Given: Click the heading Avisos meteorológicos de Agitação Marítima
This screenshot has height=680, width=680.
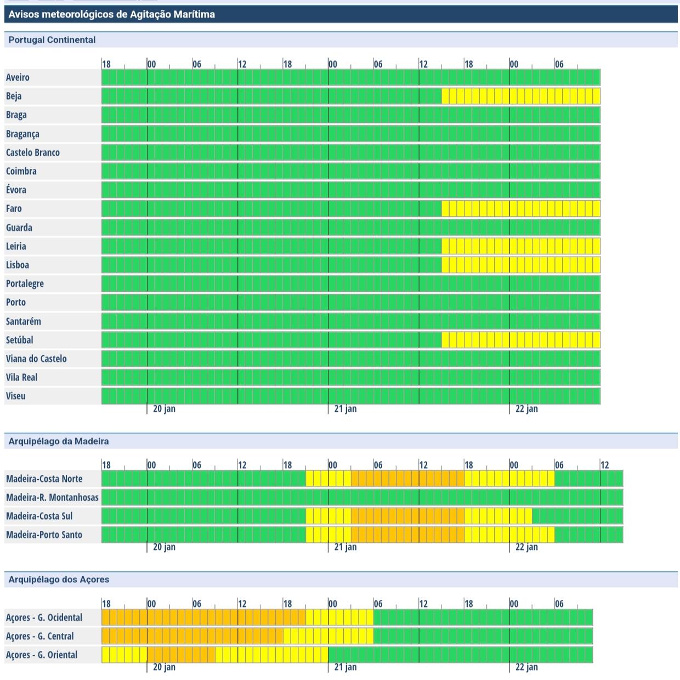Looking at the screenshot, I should (111, 14).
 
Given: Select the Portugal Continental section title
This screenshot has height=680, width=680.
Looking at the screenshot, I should (52, 40).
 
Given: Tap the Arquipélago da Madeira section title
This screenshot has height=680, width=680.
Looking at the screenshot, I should (59, 441).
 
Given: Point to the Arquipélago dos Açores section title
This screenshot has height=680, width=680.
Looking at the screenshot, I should (59, 580).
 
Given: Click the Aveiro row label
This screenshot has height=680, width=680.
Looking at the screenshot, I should (18, 77).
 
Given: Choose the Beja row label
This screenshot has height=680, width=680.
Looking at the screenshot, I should (14, 96).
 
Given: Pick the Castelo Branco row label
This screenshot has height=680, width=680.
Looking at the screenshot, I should (33, 152).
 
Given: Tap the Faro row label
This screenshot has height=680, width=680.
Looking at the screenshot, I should (14, 208).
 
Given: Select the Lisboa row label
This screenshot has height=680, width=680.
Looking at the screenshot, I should (18, 265).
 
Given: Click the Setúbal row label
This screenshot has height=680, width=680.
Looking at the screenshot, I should (20, 340).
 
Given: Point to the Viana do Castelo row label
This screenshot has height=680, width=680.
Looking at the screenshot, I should (36, 359).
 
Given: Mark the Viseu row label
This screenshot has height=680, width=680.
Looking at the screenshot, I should (16, 396).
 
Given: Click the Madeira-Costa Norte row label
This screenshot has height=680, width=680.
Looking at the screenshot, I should (44, 479).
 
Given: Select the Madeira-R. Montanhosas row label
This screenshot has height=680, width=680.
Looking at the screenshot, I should (52, 497).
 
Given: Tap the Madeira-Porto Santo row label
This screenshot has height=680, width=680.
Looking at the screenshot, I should (44, 535).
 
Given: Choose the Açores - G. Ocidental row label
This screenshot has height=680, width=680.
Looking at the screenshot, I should (44, 617).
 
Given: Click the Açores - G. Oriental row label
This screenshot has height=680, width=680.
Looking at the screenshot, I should (42, 655).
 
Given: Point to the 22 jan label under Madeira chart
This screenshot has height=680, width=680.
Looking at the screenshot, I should (526, 547).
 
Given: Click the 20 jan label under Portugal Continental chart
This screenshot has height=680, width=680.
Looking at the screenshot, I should (164, 409).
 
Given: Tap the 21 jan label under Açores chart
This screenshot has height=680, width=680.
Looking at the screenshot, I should (345, 667).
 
